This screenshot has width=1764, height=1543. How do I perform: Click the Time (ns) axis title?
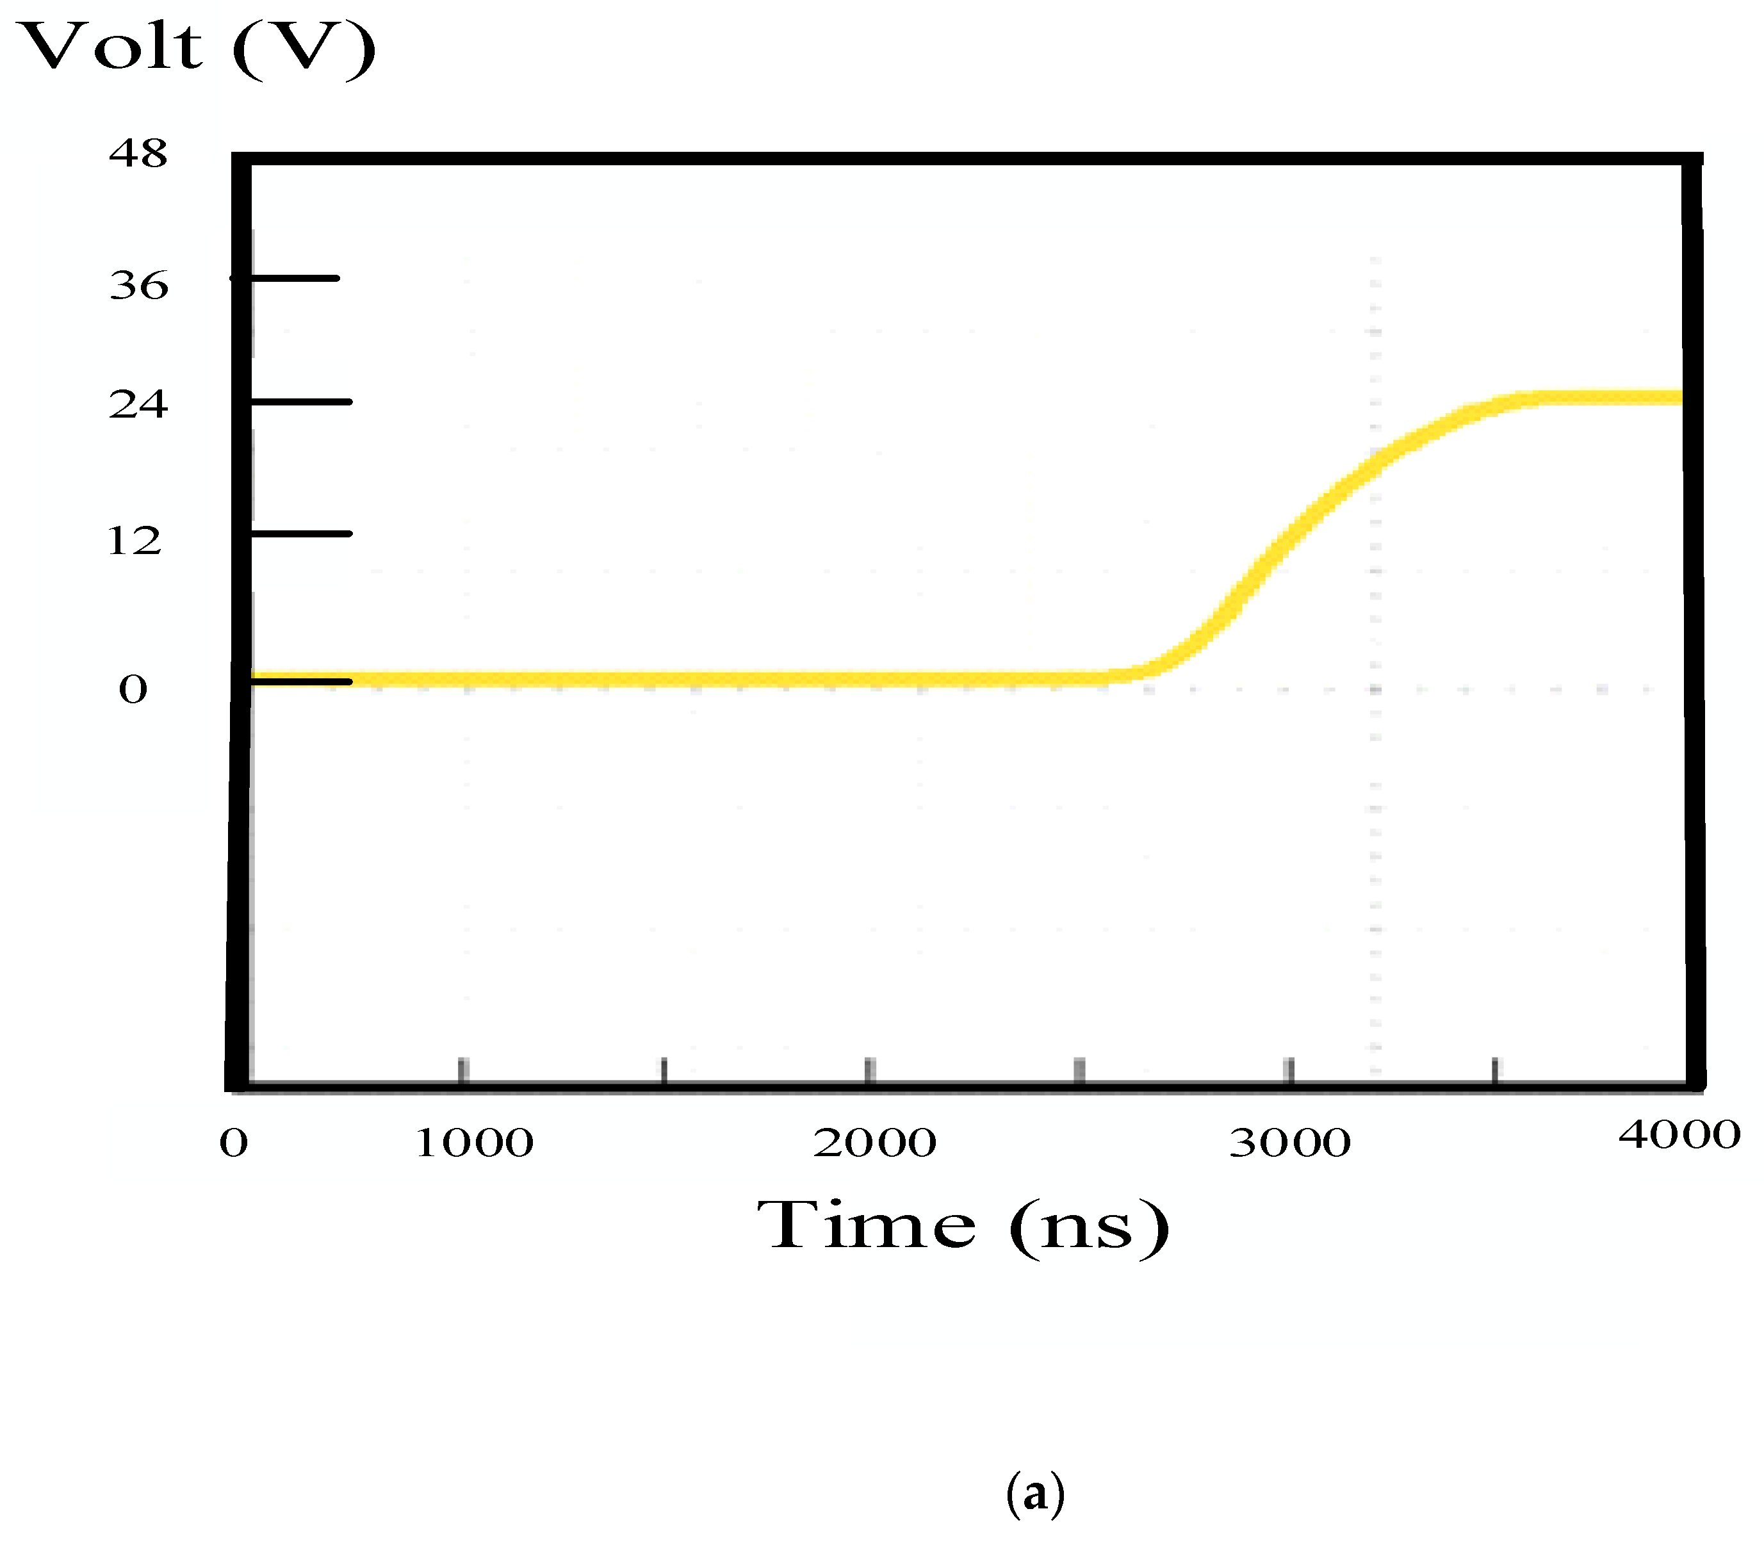963,1225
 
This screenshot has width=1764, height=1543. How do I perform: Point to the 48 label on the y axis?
138,154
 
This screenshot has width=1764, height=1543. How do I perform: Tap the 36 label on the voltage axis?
138,285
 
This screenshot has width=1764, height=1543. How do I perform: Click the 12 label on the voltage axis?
135,541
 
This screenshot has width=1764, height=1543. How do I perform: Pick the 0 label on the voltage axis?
133,689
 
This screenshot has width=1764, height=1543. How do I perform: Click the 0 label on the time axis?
233,1143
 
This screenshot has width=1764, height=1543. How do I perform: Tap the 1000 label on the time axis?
473,1143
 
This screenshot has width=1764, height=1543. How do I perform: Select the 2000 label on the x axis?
874,1143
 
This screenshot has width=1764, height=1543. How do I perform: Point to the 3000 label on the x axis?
1289,1143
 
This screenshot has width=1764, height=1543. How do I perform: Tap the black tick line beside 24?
301,401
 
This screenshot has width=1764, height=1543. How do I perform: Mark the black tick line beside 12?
301,534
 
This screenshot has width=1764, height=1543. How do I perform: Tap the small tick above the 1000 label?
463,1070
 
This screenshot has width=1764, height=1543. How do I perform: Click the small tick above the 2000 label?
870,1070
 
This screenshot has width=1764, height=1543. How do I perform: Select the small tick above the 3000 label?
1289,1070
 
